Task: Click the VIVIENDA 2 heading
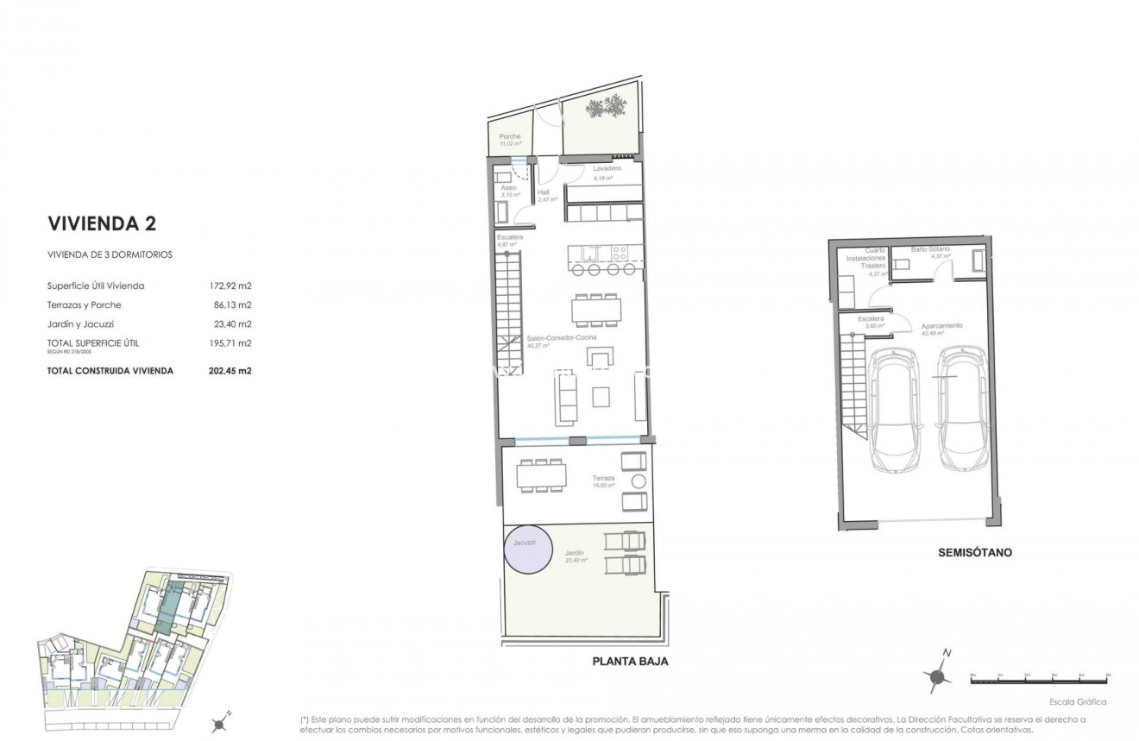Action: [101, 224]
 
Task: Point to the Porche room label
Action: [510, 136]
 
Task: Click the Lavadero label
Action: [607, 168]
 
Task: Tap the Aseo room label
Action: [508, 187]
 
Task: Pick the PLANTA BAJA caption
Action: [630, 663]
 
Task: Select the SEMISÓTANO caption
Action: [974, 553]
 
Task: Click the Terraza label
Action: [602, 478]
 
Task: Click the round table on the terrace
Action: [639, 480]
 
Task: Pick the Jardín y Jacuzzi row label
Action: [85, 324]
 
